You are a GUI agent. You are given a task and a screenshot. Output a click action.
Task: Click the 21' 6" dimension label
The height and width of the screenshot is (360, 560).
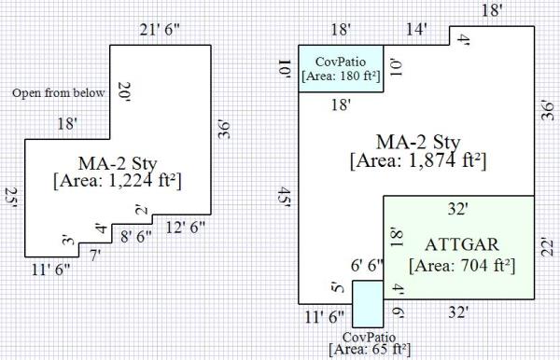[x=160, y=30]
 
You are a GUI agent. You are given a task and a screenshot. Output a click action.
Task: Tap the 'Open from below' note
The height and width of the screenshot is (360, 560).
[x=59, y=92]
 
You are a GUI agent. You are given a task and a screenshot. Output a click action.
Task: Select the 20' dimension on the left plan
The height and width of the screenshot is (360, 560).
[x=123, y=92]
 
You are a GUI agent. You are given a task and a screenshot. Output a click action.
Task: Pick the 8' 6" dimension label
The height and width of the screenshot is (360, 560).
[x=136, y=236]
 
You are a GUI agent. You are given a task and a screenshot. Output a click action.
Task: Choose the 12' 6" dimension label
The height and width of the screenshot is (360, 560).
[x=186, y=228]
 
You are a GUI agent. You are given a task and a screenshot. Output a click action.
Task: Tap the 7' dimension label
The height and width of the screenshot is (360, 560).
[x=95, y=256]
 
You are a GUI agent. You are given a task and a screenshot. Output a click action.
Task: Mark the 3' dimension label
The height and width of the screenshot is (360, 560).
[x=68, y=240]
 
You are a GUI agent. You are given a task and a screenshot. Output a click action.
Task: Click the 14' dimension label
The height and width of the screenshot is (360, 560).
[x=417, y=29]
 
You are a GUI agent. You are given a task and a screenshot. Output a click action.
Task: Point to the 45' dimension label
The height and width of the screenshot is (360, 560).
[x=285, y=197]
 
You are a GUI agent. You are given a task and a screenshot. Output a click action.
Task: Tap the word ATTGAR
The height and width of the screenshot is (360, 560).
[x=462, y=244]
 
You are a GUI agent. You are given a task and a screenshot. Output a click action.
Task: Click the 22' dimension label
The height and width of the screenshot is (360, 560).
[x=547, y=246]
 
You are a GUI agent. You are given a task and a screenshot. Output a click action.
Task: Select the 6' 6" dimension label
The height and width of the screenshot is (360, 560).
[x=367, y=266]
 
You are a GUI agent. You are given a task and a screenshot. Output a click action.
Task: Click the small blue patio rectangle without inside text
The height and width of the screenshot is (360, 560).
[x=368, y=304]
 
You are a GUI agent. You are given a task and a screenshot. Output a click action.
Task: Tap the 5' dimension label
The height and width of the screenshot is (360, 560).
[x=338, y=287]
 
